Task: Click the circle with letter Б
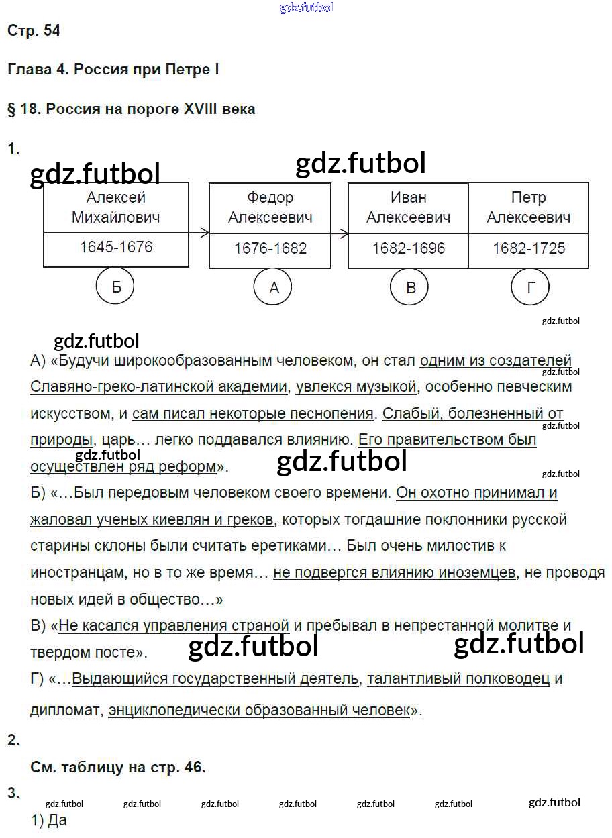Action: point(115,286)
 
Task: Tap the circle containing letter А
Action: point(273,287)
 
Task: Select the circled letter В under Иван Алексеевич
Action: point(411,287)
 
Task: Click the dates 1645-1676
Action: point(116,247)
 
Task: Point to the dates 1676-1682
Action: point(270,248)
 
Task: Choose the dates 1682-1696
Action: point(409,248)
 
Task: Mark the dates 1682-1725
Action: point(529,248)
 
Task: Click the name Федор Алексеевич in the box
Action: point(270,207)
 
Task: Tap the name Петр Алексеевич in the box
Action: point(529,207)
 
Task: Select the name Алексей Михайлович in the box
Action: point(116,207)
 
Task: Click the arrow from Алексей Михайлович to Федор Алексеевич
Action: point(199,233)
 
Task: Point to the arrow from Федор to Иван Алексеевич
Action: point(340,233)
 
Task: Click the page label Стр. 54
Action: point(34,30)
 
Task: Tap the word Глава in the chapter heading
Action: point(26,69)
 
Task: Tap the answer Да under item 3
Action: point(57,820)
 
